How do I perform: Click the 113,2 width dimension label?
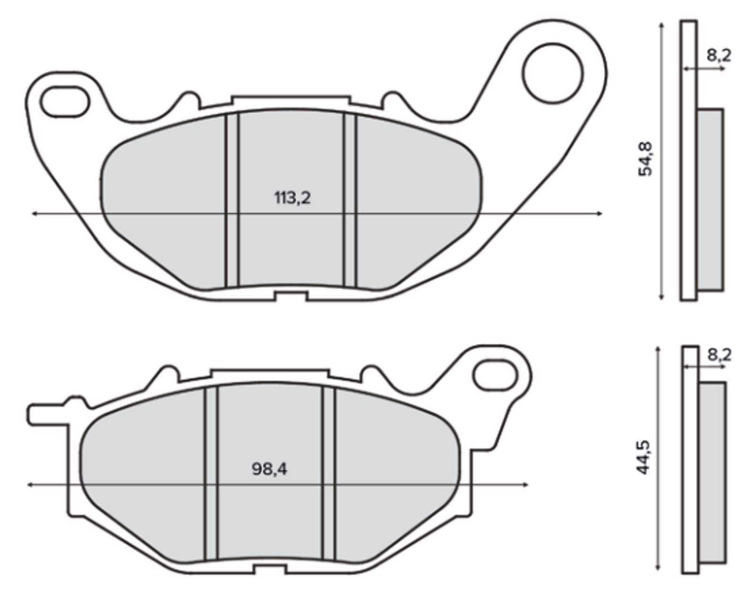[292, 198]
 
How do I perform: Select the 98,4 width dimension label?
[269, 469]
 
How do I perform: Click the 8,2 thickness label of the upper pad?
[719, 55]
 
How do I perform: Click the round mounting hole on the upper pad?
[553, 73]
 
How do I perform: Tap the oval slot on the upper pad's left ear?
[65, 102]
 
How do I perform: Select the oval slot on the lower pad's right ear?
[495, 375]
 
